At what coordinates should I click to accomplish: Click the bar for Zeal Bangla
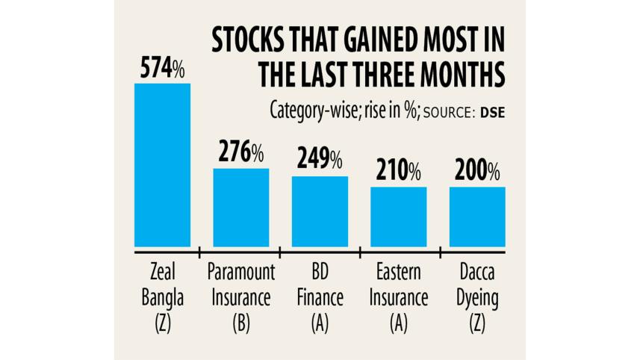[x=162, y=165]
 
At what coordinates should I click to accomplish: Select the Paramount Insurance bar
[x=241, y=208]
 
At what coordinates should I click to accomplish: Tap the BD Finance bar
[x=320, y=211]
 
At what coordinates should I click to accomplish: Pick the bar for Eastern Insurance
[x=398, y=217]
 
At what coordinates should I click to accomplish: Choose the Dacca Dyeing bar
[x=477, y=217]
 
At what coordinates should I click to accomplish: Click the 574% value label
[x=162, y=69]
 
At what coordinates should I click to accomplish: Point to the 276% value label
[x=241, y=153]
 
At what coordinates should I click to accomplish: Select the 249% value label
[x=320, y=159]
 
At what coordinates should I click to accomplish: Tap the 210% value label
[x=398, y=171]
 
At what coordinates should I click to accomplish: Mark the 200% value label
[x=477, y=171]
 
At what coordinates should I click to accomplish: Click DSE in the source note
[x=491, y=111]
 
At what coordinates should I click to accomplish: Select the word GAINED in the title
[x=385, y=40]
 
